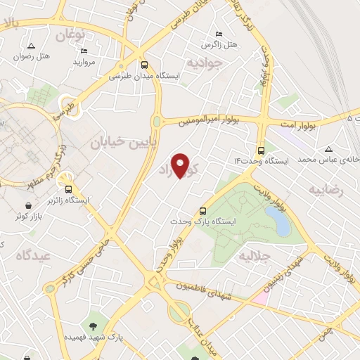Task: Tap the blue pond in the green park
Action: [279, 221]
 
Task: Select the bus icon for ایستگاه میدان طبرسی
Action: [144, 63]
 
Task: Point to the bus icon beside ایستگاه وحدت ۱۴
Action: [262, 150]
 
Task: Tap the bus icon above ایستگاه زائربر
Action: [68, 188]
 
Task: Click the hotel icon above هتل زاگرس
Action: [219, 34]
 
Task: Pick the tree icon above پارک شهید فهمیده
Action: [94, 325]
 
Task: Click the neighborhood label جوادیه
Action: [204, 61]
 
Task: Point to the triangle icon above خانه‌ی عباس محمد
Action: [328, 149]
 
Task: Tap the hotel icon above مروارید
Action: [84, 51]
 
